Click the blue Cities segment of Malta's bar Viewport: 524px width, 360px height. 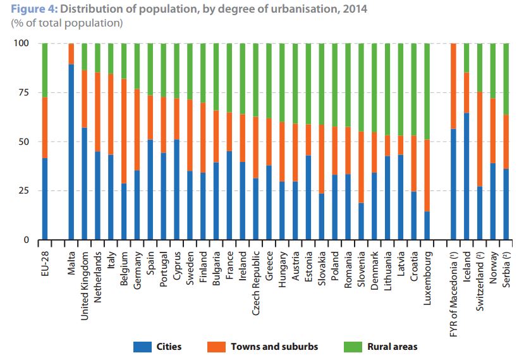pos(71,152)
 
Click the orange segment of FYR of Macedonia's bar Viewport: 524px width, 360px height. pos(454,86)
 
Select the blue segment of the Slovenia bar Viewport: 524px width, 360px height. pos(361,221)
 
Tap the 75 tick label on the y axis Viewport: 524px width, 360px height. pos(24,92)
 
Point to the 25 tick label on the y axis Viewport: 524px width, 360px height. pos(24,191)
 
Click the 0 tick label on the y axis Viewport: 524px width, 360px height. pos(27,240)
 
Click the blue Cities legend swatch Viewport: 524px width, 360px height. pos(142,346)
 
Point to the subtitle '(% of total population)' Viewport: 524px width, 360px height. pos(66,23)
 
